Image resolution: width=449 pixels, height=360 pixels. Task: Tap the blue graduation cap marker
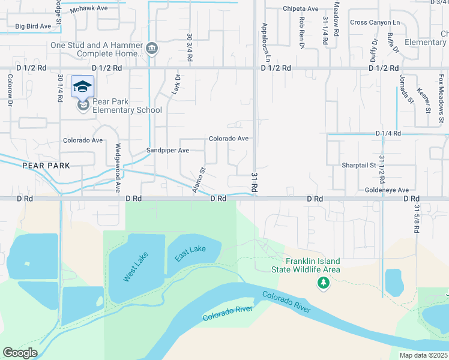[x=82, y=87]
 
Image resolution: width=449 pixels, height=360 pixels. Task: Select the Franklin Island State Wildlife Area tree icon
[x=324, y=282]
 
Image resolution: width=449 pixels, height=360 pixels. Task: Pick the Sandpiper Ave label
[x=168, y=151]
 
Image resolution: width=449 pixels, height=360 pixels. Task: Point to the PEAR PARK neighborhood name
[x=46, y=165]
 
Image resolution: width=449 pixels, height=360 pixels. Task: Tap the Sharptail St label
[x=358, y=165]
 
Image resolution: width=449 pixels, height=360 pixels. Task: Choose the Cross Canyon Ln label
[x=375, y=22]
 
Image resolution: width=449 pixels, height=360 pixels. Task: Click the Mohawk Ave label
[x=89, y=10]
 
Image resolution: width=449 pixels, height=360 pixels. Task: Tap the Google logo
[x=20, y=353]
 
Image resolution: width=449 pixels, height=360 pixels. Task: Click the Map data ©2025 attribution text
[x=423, y=355]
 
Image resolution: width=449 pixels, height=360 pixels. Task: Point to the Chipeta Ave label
[x=300, y=9]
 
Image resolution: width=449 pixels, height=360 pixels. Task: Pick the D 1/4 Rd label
[x=388, y=133]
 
